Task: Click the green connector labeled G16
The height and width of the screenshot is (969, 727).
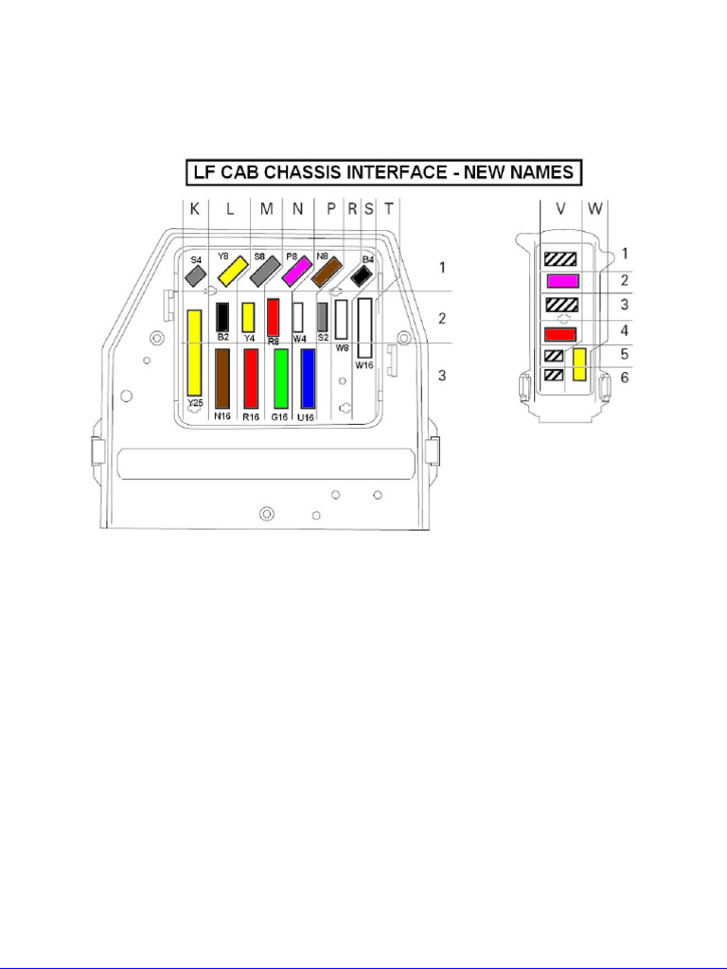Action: (x=281, y=378)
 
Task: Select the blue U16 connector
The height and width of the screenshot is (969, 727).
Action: (x=308, y=378)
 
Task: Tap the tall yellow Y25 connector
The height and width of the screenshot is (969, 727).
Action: (x=194, y=352)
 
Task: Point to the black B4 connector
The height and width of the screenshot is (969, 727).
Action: (x=361, y=275)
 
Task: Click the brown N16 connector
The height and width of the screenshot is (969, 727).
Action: (x=223, y=378)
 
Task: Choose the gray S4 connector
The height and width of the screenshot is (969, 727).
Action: (x=195, y=274)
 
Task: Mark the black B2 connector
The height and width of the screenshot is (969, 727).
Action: (x=223, y=315)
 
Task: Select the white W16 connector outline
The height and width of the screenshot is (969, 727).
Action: (x=365, y=328)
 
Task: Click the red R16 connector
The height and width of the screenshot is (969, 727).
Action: (x=252, y=378)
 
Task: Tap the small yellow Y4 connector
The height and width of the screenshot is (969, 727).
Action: (x=249, y=316)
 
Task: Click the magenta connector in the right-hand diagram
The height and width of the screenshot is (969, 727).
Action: (x=562, y=280)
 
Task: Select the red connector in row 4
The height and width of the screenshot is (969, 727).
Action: (x=560, y=332)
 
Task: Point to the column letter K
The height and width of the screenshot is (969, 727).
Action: (x=194, y=210)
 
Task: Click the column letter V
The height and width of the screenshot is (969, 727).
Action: (x=560, y=210)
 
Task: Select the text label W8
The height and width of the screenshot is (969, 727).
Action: (x=343, y=347)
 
